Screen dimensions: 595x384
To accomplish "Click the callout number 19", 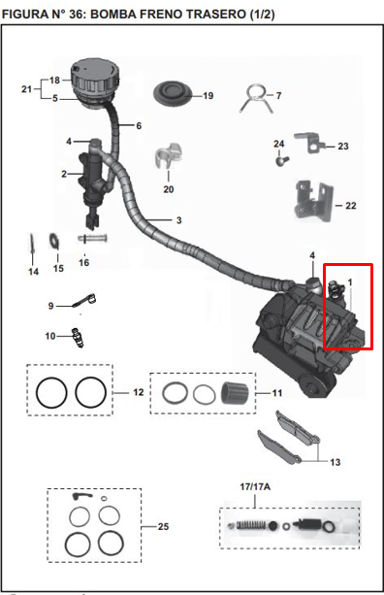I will click(207, 96).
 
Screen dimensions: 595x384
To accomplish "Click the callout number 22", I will click(350, 206).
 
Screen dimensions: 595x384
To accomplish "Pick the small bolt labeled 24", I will click(280, 162).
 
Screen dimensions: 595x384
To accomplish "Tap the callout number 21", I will click(27, 89).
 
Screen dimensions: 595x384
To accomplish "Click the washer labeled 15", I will click(55, 240).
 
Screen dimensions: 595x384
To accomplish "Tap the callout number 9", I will click(51, 306).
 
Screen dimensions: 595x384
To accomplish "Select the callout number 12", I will click(138, 392).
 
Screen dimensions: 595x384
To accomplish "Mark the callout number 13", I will click(335, 462).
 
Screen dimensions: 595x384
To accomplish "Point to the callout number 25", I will click(162, 526).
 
